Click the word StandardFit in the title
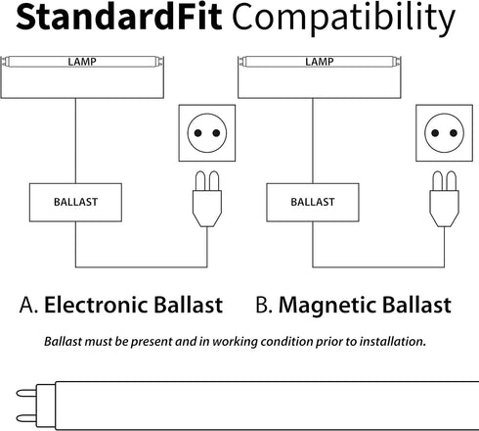[119, 17]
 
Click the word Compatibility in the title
[343, 19]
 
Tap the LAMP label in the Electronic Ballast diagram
[82, 62]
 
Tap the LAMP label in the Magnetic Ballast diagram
[320, 62]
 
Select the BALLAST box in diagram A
[75, 203]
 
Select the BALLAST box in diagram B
[313, 203]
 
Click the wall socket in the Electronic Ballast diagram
[207, 133]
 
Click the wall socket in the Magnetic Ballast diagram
[444, 133]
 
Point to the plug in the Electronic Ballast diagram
[207, 199]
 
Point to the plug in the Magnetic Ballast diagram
[445, 199]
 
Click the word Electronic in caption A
[96, 305]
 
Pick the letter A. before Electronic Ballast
[28, 306]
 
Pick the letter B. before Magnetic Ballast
[264, 306]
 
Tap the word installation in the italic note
[393, 342]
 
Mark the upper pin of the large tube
[26, 393]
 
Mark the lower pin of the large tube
[26, 418]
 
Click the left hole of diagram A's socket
[197, 133]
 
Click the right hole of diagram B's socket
[454, 133]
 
